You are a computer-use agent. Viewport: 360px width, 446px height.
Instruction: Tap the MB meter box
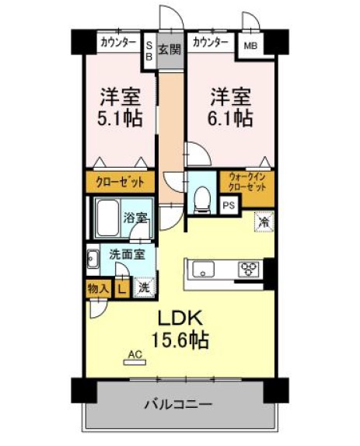pyautogui.click(x=250, y=45)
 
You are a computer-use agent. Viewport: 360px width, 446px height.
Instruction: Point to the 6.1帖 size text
pyautogui.click(x=230, y=119)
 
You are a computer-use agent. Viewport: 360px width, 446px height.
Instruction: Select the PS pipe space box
pyautogui.click(x=229, y=205)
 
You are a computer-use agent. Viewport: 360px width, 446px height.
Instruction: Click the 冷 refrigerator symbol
pyautogui.click(x=264, y=221)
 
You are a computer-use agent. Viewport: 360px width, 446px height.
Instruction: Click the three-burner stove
pyautogui.click(x=249, y=270)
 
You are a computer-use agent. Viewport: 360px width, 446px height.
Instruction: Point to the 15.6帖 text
pyautogui.click(x=185, y=340)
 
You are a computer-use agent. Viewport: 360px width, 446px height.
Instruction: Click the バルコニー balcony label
pyautogui.click(x=178, y=404)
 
